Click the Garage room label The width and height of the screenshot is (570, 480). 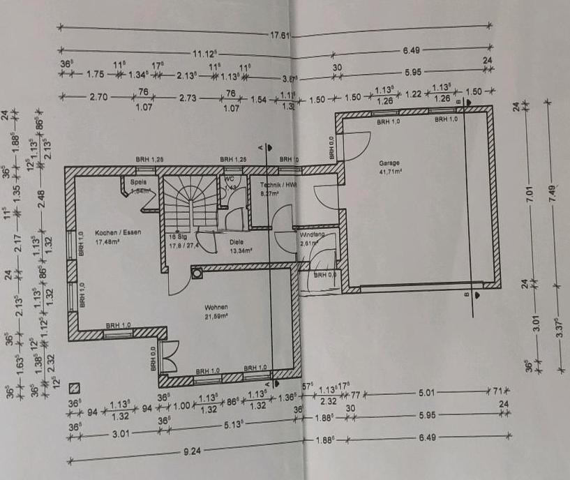(389, 163)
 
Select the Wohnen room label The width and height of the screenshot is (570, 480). (216, 307)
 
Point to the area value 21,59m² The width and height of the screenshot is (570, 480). (216, 316)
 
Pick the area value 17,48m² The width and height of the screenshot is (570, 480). (108, 243)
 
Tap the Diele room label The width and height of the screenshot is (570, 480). (237, 243)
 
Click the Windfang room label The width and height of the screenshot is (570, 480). (313, 235)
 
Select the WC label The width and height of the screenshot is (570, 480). (229, 179)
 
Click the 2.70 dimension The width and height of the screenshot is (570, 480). (98, 98)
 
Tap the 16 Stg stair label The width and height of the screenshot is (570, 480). (177, 237)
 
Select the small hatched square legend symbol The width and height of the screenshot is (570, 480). (75, 388)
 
